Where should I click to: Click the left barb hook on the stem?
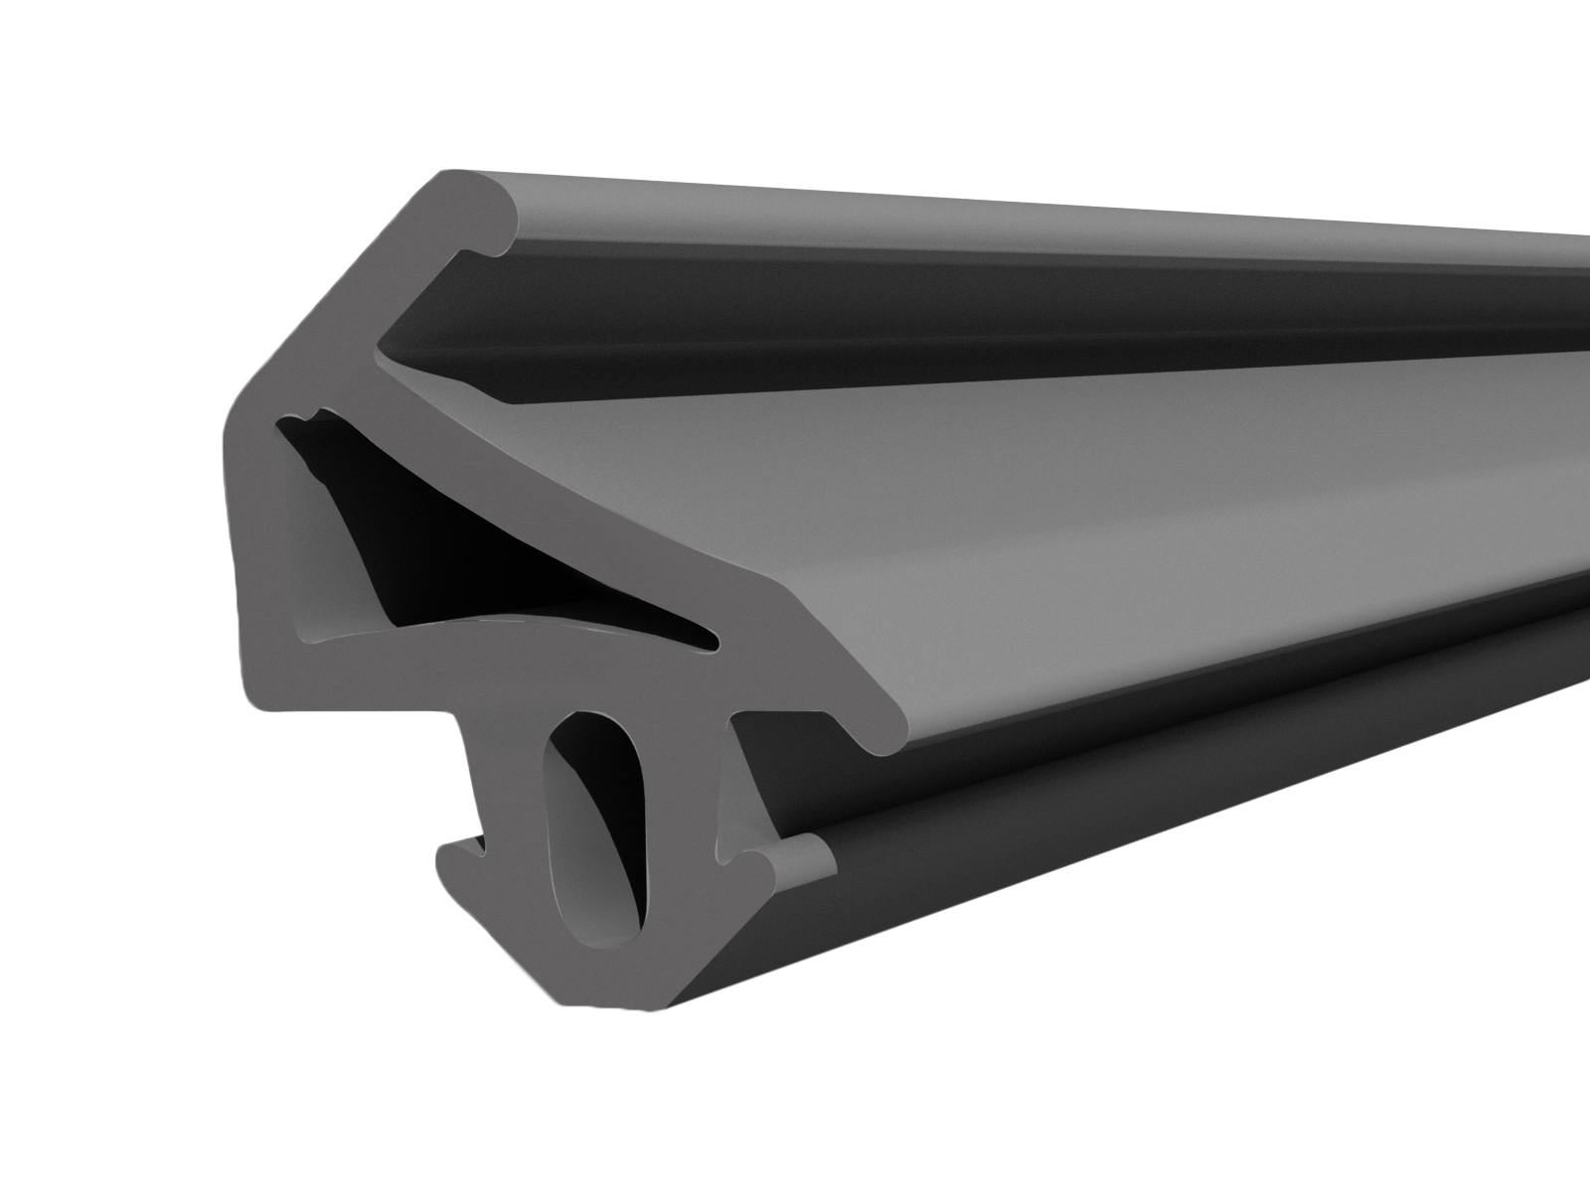click(459, 849)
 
